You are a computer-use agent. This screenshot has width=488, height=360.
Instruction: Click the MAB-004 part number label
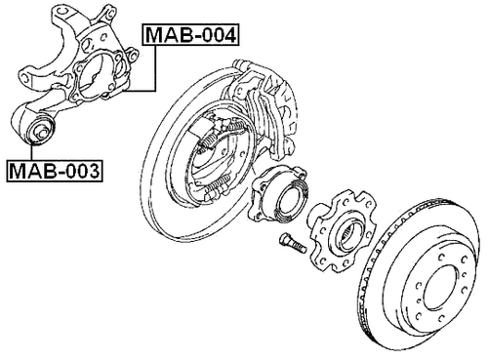click(x=191, y=36)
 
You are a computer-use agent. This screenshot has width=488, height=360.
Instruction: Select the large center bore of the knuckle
click(x=98, y=75)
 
